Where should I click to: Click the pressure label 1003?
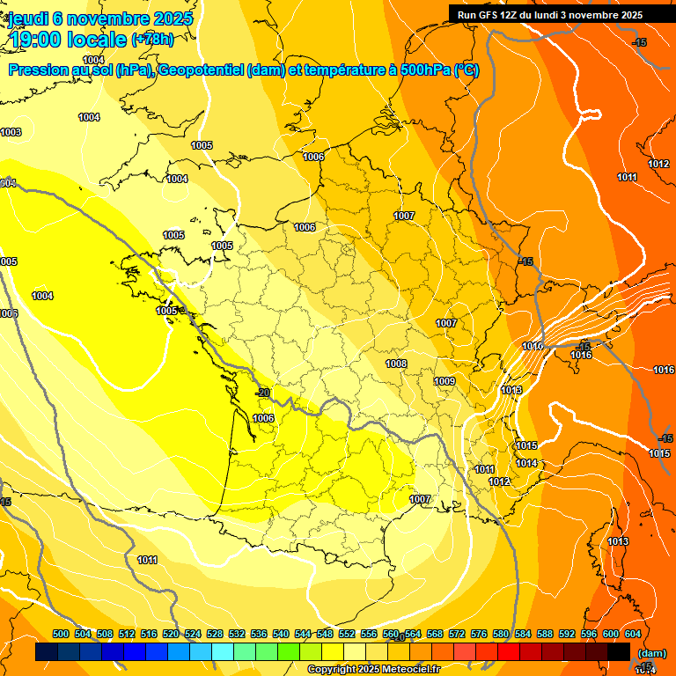pos(11,133)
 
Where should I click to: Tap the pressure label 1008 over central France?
pos(396,364)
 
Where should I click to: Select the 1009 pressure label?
pos(445,381)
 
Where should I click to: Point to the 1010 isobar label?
pos(533,347)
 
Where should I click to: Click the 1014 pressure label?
pos(526,463)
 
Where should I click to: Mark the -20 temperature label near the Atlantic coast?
pos(261,393)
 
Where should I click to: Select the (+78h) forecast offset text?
pos(152,40)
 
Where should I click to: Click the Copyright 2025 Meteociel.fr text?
pos(373,669)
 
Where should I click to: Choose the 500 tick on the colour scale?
pos(61,634)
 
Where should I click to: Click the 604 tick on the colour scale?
pos(633,634)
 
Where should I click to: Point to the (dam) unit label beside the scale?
pos(651,653)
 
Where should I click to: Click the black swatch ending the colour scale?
pos(619,652)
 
